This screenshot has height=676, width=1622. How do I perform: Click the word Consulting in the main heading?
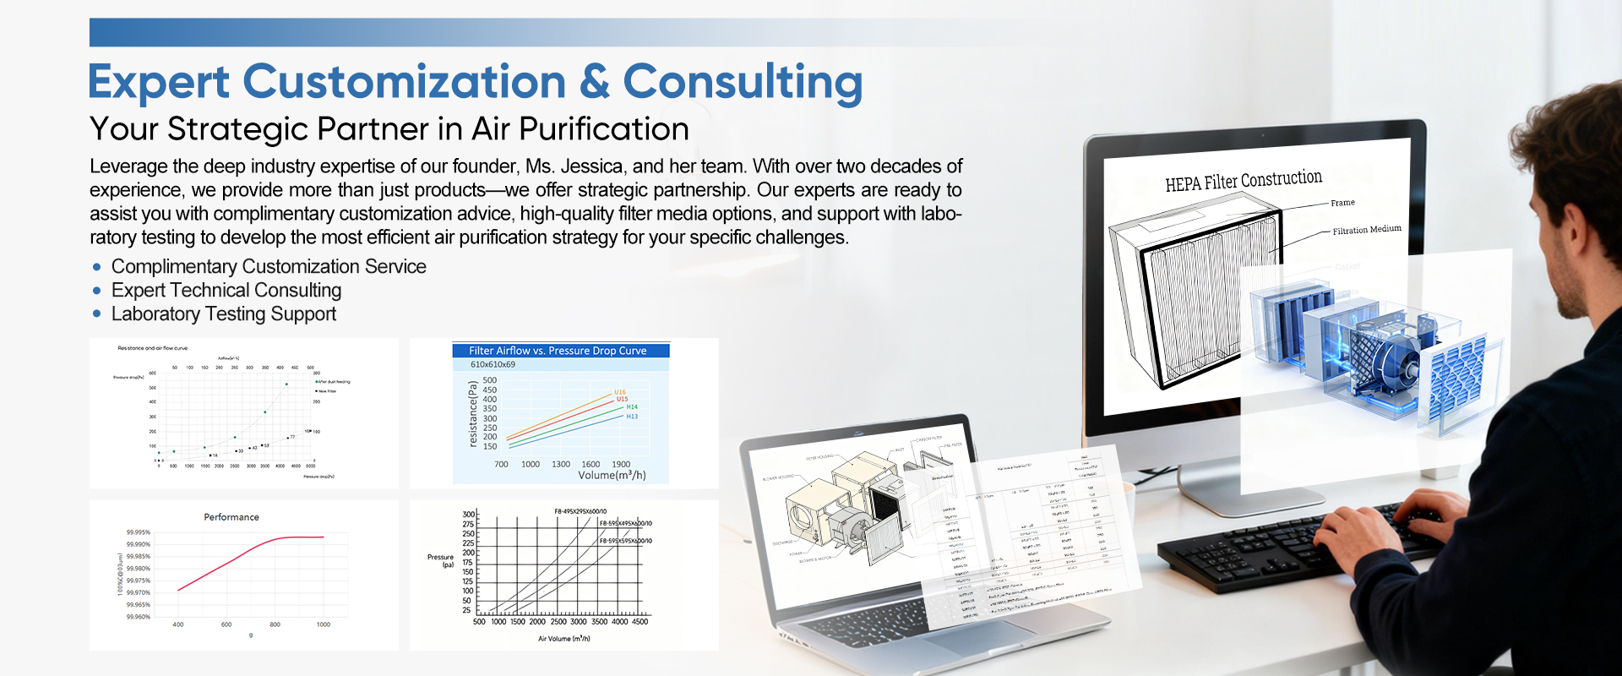[x=743, y=83]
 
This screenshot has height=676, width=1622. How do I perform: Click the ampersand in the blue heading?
[x=594, y=82]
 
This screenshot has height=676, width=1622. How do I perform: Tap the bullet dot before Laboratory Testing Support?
[x=97, y=314]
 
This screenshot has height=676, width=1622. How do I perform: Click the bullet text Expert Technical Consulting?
[x=226, y=291]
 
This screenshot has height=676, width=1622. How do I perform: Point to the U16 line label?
[x=620, y=392]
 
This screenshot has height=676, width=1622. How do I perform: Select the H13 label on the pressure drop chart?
[x=632, y=417]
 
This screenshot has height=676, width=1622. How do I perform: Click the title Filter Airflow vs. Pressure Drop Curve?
[x=558, y=351]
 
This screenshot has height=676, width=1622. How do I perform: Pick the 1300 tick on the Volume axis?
[x=561, y=464]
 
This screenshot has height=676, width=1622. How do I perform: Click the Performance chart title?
[x=231, y=517]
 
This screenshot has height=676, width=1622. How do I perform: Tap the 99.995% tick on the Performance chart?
[x=139, y=532]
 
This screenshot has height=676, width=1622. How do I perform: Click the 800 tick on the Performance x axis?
[x=275, y=624]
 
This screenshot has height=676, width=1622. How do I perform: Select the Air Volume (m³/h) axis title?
[x=564, y=639]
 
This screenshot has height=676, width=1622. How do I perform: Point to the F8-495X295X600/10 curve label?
[x=580, y=511]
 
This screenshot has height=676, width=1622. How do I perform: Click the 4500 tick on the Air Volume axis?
[x=640, y=622]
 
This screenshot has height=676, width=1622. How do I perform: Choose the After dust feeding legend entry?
[x=334, y=382]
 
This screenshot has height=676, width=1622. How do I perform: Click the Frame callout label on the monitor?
[x=1342, y=203]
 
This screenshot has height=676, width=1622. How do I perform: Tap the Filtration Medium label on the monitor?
[x=1367, y=230]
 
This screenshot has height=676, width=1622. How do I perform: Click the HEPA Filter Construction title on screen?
[x=1244, y=181]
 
